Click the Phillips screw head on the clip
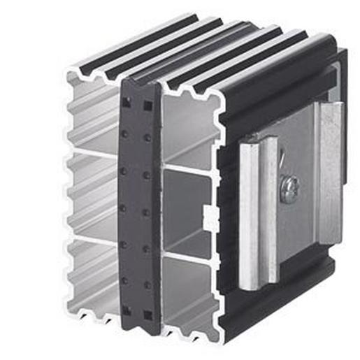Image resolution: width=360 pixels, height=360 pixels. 289,187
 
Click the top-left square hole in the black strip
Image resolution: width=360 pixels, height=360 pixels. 126,103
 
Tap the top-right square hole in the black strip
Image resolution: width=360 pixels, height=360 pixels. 147,107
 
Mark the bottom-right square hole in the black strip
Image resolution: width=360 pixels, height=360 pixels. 147,314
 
